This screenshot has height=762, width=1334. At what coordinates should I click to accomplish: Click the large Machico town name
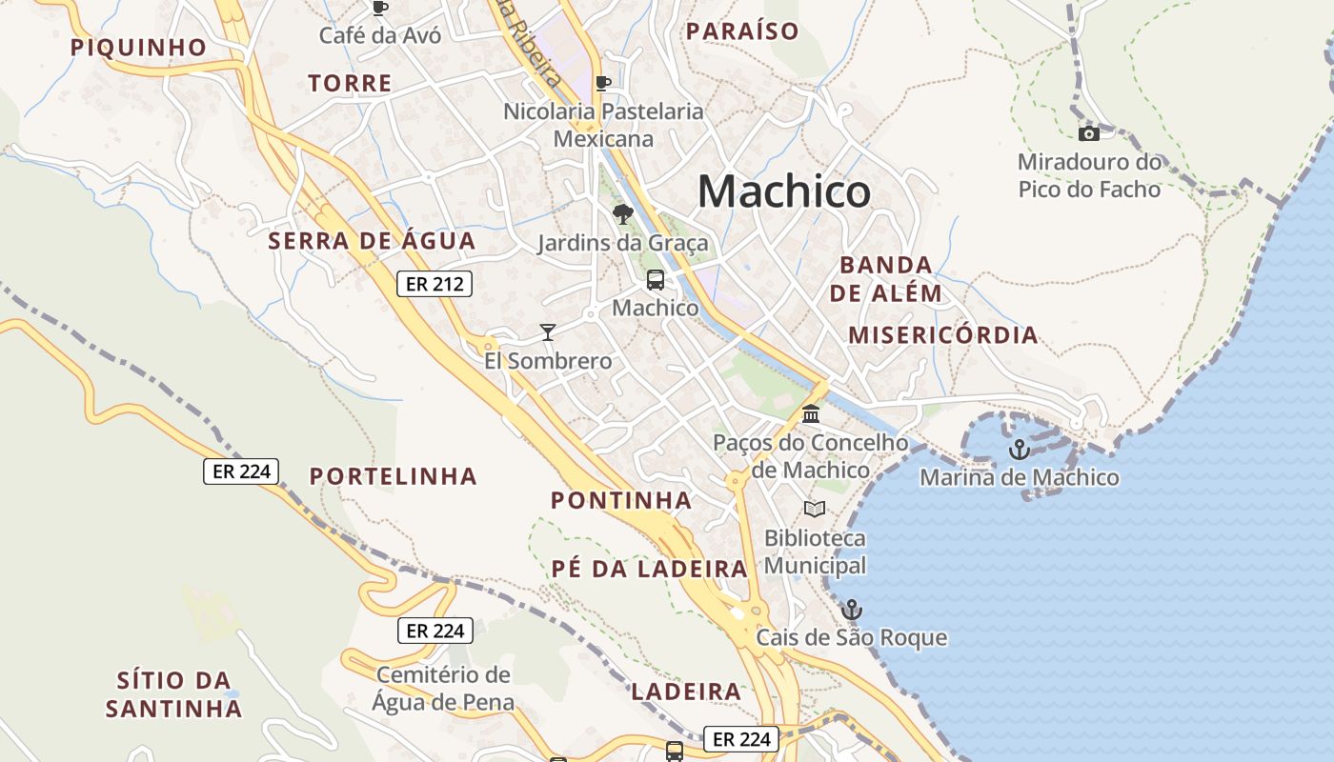[783, 191]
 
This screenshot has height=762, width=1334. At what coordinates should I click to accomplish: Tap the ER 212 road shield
[435, 283]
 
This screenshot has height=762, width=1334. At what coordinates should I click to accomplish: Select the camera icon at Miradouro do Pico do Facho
[1088, 133]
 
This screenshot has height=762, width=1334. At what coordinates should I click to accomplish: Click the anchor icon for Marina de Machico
[1020, 449]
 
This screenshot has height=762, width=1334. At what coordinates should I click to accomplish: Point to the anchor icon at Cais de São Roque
[851, 609]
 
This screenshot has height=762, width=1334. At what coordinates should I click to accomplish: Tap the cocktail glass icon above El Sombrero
[547, 331]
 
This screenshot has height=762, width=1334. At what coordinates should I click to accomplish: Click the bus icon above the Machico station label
[656, 280]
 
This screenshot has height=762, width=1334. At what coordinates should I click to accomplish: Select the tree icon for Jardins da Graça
[623, 213]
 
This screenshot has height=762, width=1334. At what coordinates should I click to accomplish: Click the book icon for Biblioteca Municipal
[813, 509]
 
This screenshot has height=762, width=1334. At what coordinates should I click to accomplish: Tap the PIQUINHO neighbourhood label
[138, 48]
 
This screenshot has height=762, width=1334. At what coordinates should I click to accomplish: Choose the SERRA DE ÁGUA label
[372, 241]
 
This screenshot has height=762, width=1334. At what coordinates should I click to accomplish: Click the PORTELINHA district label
[393, 476]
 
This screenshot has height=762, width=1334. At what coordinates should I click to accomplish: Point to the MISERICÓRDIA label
[942, 335]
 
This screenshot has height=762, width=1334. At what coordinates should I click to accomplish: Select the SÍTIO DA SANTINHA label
[173, 694]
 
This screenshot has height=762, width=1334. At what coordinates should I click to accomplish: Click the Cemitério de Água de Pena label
[443, 689]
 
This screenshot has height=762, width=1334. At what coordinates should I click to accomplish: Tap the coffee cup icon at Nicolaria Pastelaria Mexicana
[602, 83]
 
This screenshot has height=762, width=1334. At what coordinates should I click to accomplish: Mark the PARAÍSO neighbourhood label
[742, 31]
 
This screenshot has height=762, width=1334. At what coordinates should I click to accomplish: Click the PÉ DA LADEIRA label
[649, 569]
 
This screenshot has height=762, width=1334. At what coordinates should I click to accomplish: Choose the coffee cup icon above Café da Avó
[380, 8]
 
